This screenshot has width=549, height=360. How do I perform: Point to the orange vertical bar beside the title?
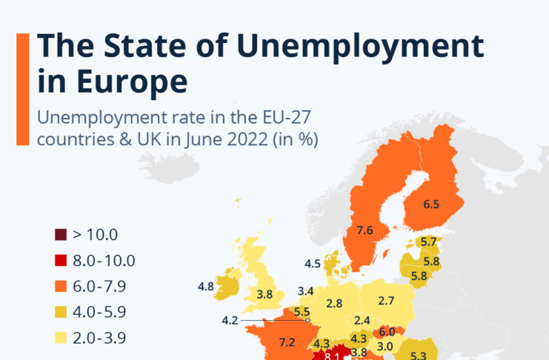click(x=22, y=88)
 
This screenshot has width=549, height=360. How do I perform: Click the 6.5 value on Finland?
click(x=431, y=204)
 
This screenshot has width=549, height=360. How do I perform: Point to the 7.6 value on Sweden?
click(x=364, y=230)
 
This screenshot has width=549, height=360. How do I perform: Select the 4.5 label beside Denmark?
click(x=313, y=264)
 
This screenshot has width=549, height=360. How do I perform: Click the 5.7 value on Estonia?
click(x=428, y=241)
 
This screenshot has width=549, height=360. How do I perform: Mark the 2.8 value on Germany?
click(x=334, y=304)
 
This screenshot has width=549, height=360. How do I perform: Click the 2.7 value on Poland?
click(x=385, y=301)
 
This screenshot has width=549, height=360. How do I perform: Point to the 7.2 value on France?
click(x=287, y=341)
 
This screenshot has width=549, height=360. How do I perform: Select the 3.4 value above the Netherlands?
click(x=305, y=291)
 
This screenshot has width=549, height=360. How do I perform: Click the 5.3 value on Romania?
click(x=419, y=356)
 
